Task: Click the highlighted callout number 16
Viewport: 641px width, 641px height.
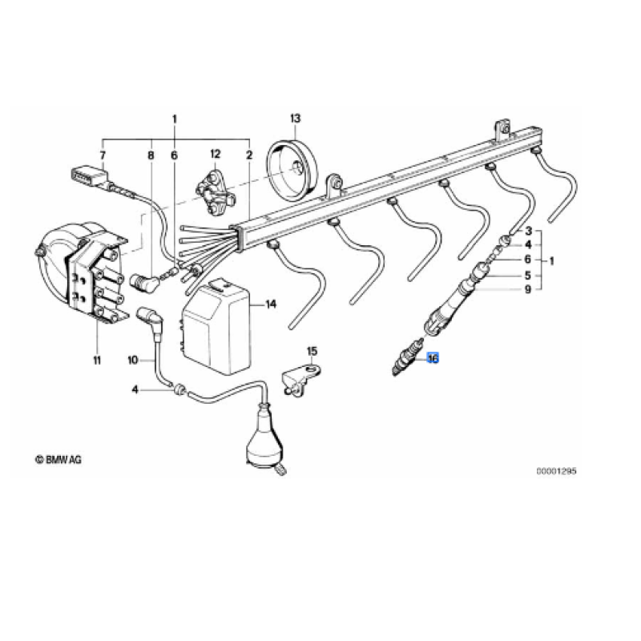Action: pos(433,358)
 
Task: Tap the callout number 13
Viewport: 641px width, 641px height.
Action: pos(295,118)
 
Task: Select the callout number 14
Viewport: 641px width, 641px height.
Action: pos(271,304)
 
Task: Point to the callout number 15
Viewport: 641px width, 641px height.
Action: pos(312,351)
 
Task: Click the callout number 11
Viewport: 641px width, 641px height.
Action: pos(97,360)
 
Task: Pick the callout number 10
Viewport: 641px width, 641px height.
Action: pos(133,360)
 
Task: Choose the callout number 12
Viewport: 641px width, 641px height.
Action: pos(215,154)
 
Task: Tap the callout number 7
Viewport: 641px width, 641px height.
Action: pos(103,155)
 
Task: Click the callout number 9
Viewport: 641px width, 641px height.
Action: pos(528,289)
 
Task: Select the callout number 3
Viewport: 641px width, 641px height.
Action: pos(528,231)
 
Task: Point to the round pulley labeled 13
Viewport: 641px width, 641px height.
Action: pos(292,171)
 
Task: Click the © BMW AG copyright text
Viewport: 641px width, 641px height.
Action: pos(58,459)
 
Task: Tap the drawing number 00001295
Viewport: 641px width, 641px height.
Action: pos(556,471)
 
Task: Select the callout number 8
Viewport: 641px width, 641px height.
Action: pos(151,155)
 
